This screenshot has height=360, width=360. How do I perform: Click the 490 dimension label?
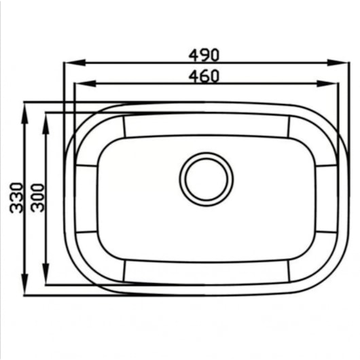coord(204,55)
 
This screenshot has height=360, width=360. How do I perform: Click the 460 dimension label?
coord(204,76)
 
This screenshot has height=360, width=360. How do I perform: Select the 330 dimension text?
coord(16,198)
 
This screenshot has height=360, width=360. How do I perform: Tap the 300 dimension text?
coord(37,198)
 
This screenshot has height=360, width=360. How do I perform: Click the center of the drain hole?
coord(206,179)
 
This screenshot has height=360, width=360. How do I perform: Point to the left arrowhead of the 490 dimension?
coord(75,62)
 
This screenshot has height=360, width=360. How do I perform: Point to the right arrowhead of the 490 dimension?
coord(338,62)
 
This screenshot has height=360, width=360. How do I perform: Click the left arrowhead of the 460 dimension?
coord(86,84)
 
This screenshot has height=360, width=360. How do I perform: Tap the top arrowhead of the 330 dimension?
coord(24,113)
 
